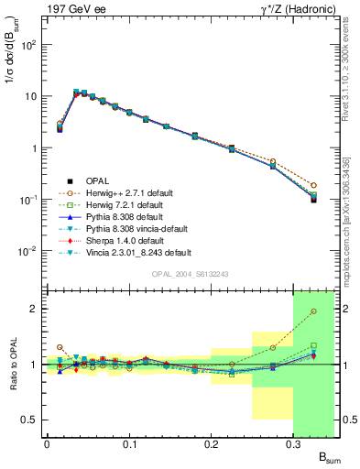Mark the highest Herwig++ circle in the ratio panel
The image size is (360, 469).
313,311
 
